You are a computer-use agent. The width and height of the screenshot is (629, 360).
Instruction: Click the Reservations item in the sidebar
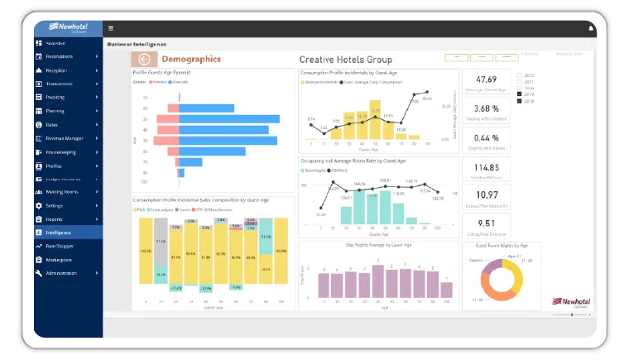(60, 56)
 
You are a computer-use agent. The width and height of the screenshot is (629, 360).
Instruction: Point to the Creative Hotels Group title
(345, 60)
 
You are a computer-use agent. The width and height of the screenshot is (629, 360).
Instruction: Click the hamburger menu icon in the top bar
(111, 28)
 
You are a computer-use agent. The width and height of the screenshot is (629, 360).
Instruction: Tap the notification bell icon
(591, 28)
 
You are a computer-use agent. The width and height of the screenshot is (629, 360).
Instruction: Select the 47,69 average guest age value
(486, 80)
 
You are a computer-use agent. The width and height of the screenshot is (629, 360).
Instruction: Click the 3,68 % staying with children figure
(486, 108)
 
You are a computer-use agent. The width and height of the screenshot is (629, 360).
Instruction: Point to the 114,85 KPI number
(486, 168)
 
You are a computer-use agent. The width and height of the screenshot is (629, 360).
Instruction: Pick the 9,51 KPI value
(486, 223)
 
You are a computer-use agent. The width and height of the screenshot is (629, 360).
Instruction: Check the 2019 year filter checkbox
(519, 94)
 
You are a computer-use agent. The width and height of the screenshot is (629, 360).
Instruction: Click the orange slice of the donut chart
(491, 290)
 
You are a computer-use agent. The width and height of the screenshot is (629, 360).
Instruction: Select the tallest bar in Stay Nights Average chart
(378, 282)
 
